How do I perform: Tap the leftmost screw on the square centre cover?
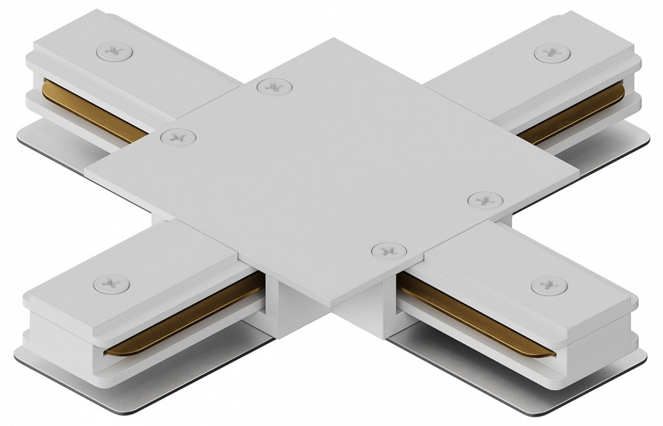tap(178, 137)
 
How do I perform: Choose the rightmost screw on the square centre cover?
tap(485, 199)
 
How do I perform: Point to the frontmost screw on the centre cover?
tap(387, 250)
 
